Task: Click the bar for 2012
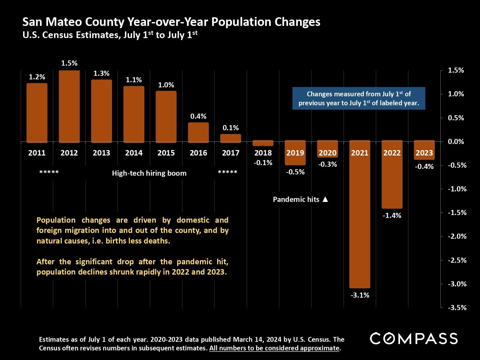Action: (69, 106)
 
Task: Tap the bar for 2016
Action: (198, 132)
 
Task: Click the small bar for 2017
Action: (231, 138)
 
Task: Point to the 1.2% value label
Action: (37, 77)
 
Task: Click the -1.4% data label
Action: (392, 216)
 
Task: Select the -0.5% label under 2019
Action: (295, 172)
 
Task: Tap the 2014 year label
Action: (134, 153)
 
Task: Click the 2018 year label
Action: (263, 153)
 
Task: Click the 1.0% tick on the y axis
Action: (456, 94)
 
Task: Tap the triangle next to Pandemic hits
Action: (325, 199)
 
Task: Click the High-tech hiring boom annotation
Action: (149, 173)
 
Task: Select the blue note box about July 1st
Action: (359, 99)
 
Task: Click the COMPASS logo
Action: (414, 339)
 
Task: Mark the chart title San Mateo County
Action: (171, 22)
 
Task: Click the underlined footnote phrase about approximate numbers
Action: (274, 348)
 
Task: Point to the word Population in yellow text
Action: (56, 220)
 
